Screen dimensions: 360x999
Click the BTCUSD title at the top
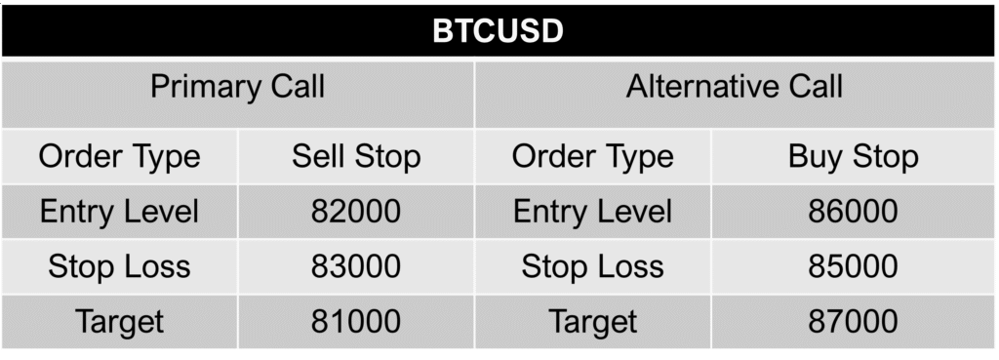499,32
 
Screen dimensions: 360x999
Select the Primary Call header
237,87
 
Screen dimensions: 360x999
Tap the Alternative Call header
735,87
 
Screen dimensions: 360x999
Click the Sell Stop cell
356,156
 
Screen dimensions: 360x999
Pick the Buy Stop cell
854,156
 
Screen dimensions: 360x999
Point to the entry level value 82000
356,211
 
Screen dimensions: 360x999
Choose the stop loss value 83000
356,266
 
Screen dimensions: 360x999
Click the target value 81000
356,321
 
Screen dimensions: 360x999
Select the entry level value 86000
854,211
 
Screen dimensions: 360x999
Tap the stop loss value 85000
854,266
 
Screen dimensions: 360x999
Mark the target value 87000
854,321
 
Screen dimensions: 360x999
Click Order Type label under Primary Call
119,156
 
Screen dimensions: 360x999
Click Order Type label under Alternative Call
592,156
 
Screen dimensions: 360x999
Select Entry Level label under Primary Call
119,211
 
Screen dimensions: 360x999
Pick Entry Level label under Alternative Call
592,211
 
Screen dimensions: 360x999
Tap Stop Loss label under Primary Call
119,266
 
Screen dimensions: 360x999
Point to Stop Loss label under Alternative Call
592,266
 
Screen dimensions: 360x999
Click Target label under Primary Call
119,321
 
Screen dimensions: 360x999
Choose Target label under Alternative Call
592,321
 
